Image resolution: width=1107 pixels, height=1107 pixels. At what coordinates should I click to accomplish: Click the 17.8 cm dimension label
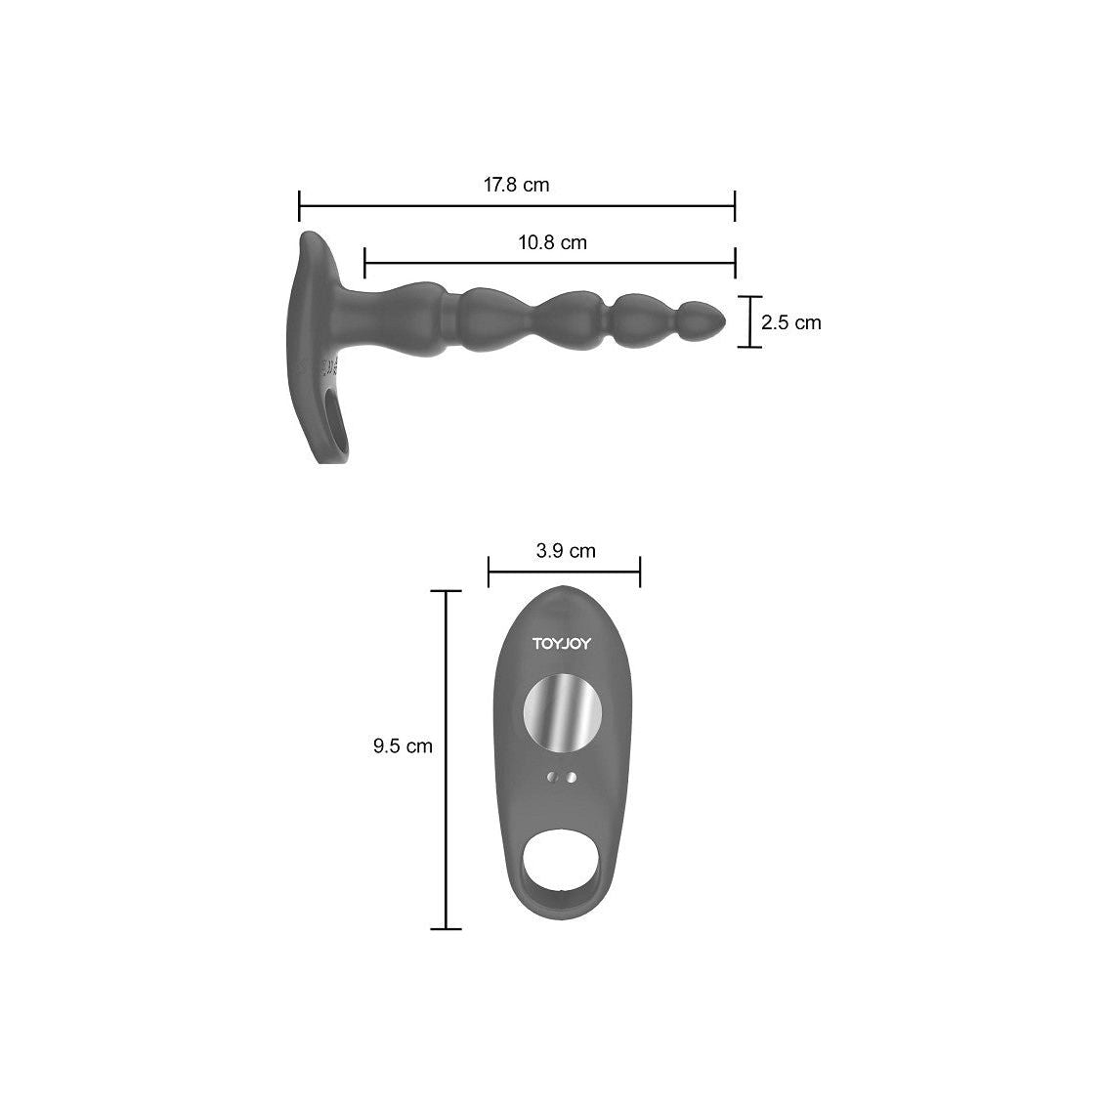pos(516,185)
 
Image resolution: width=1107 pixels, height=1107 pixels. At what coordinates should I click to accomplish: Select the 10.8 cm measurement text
pos(552,242)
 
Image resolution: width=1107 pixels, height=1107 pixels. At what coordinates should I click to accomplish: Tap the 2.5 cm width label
pos(791,322)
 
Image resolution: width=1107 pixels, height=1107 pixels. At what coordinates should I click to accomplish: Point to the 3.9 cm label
pos(566,551)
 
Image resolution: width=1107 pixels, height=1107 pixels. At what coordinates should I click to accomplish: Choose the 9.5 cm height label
pos(402,746)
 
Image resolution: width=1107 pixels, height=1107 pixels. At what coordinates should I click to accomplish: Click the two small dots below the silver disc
pos(563,778)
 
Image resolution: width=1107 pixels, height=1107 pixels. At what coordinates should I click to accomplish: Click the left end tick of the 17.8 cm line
pos(299,206)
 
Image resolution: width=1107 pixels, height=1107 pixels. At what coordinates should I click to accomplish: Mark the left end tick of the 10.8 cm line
pos(364,263)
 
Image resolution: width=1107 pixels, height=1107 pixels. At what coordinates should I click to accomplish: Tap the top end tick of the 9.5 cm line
pos(446,591)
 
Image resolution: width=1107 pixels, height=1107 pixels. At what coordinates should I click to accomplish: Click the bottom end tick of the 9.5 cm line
pos(446,928)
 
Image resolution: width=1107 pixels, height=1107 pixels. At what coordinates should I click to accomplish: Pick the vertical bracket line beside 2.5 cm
pos(749,321)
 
